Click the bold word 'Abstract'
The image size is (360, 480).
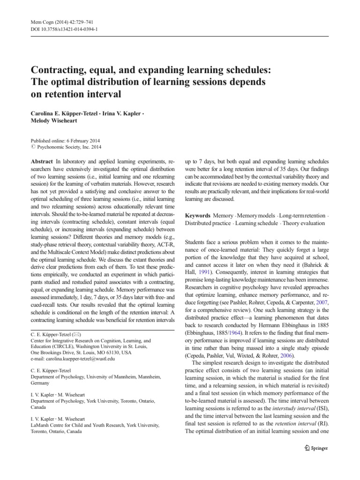[42, 160]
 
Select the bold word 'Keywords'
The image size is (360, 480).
[197, 215]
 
